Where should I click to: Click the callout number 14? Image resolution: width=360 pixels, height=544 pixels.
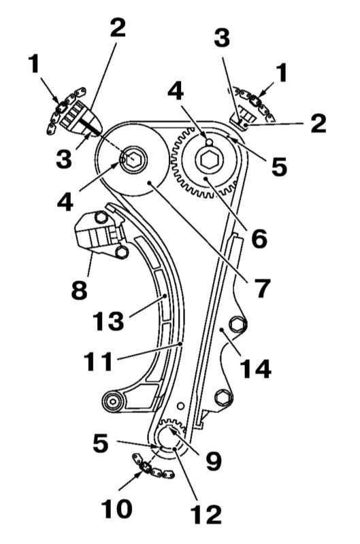click(255, 369)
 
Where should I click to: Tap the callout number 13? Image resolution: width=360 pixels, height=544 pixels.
click(108, 320)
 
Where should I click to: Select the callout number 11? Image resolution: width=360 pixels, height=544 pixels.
click(99, 361)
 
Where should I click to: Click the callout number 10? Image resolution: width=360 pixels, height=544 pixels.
click(116, 509)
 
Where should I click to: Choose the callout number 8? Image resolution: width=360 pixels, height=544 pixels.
click(79, 290)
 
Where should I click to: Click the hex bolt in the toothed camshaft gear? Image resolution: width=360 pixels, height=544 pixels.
click(207, 160)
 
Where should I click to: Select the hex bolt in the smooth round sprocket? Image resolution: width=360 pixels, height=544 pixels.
click(134, 159)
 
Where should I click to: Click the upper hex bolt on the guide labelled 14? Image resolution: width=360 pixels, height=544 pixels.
click(238, 324)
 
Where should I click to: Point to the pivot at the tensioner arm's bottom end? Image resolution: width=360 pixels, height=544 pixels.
click(113, 402)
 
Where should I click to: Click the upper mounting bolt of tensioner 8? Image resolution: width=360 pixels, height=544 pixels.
click(100, 218)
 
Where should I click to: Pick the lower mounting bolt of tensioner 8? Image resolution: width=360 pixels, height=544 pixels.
click(122, 252)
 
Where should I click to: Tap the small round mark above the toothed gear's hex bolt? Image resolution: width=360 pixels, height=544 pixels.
click(208, 142)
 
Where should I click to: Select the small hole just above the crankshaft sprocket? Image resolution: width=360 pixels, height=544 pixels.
click(180, 406)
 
